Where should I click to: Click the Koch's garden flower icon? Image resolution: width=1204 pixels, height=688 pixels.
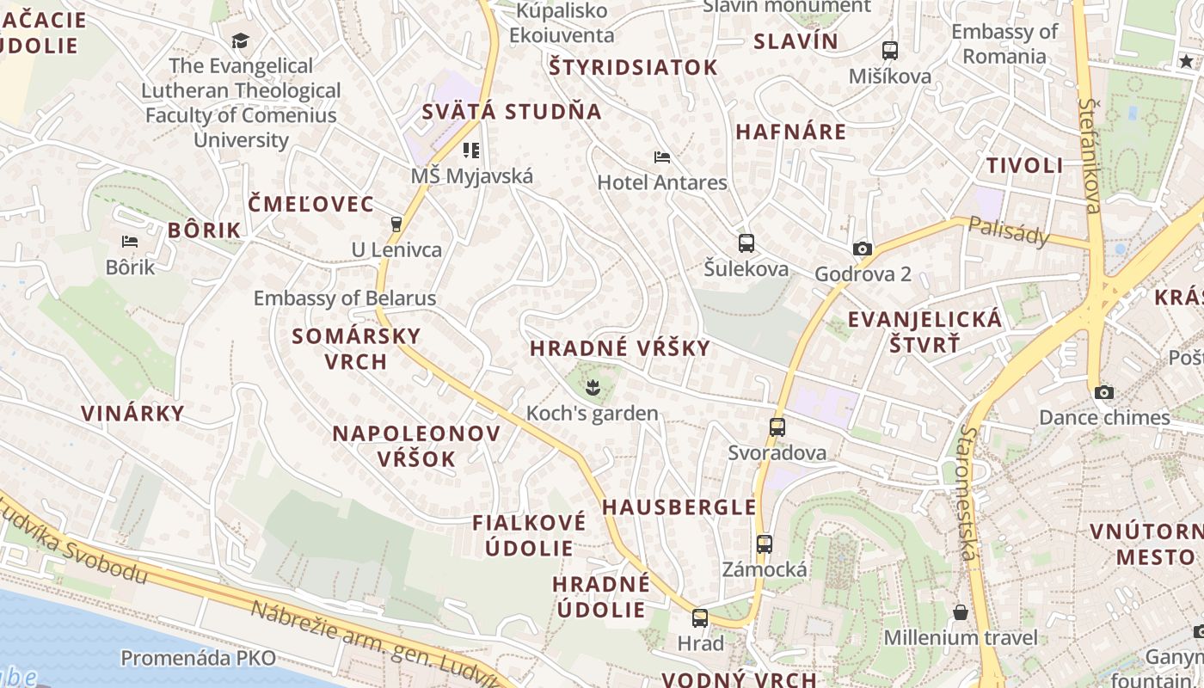[x=592, y=388]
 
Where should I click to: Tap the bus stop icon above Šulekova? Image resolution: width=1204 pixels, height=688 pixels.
[x=746, y=243]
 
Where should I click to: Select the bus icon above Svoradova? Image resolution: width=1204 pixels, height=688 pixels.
[x=777, y=427]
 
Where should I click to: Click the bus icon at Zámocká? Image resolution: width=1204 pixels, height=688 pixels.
[x=765, y=544]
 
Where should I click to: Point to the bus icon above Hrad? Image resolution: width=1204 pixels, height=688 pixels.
[x=700, y=617]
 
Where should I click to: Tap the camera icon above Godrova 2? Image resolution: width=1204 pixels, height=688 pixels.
[x=862, y=249]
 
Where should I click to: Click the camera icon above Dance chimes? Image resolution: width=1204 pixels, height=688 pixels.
[x=1104, y=393]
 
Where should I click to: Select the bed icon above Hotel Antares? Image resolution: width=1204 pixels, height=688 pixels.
[x=662, y=157]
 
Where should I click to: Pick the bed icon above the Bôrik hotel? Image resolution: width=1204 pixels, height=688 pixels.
[x=130, y=242]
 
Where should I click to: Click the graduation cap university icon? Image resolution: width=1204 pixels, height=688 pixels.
[x=240, y=40]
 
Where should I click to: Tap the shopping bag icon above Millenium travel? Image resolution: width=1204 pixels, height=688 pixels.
[x=961, y=612]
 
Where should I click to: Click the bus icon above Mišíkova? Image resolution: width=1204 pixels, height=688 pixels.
[x=890, y=51]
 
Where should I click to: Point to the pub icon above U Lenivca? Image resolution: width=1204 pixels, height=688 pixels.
[x=396, y=224]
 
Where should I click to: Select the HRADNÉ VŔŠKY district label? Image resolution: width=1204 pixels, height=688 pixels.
[x=620, y=348]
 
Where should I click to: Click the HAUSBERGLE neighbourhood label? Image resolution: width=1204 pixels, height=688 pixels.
[x=679, y=507]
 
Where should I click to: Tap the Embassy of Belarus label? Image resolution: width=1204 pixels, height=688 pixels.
[x=345, y=298]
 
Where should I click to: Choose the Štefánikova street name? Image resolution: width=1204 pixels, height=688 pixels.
[x=1090, y=155]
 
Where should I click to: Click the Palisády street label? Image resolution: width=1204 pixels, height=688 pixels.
[x=1009, y=230]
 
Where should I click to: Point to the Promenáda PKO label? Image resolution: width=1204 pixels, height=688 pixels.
[x=199, y=659]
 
